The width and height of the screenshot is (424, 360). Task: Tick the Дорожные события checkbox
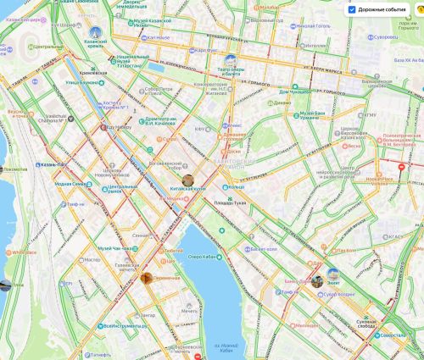[x=352, y=9]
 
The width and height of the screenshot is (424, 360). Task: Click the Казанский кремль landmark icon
[x=94, y=35]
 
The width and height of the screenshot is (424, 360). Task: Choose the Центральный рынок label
[x=118, y=187]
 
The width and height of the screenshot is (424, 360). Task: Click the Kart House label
[x=159, y=37]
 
